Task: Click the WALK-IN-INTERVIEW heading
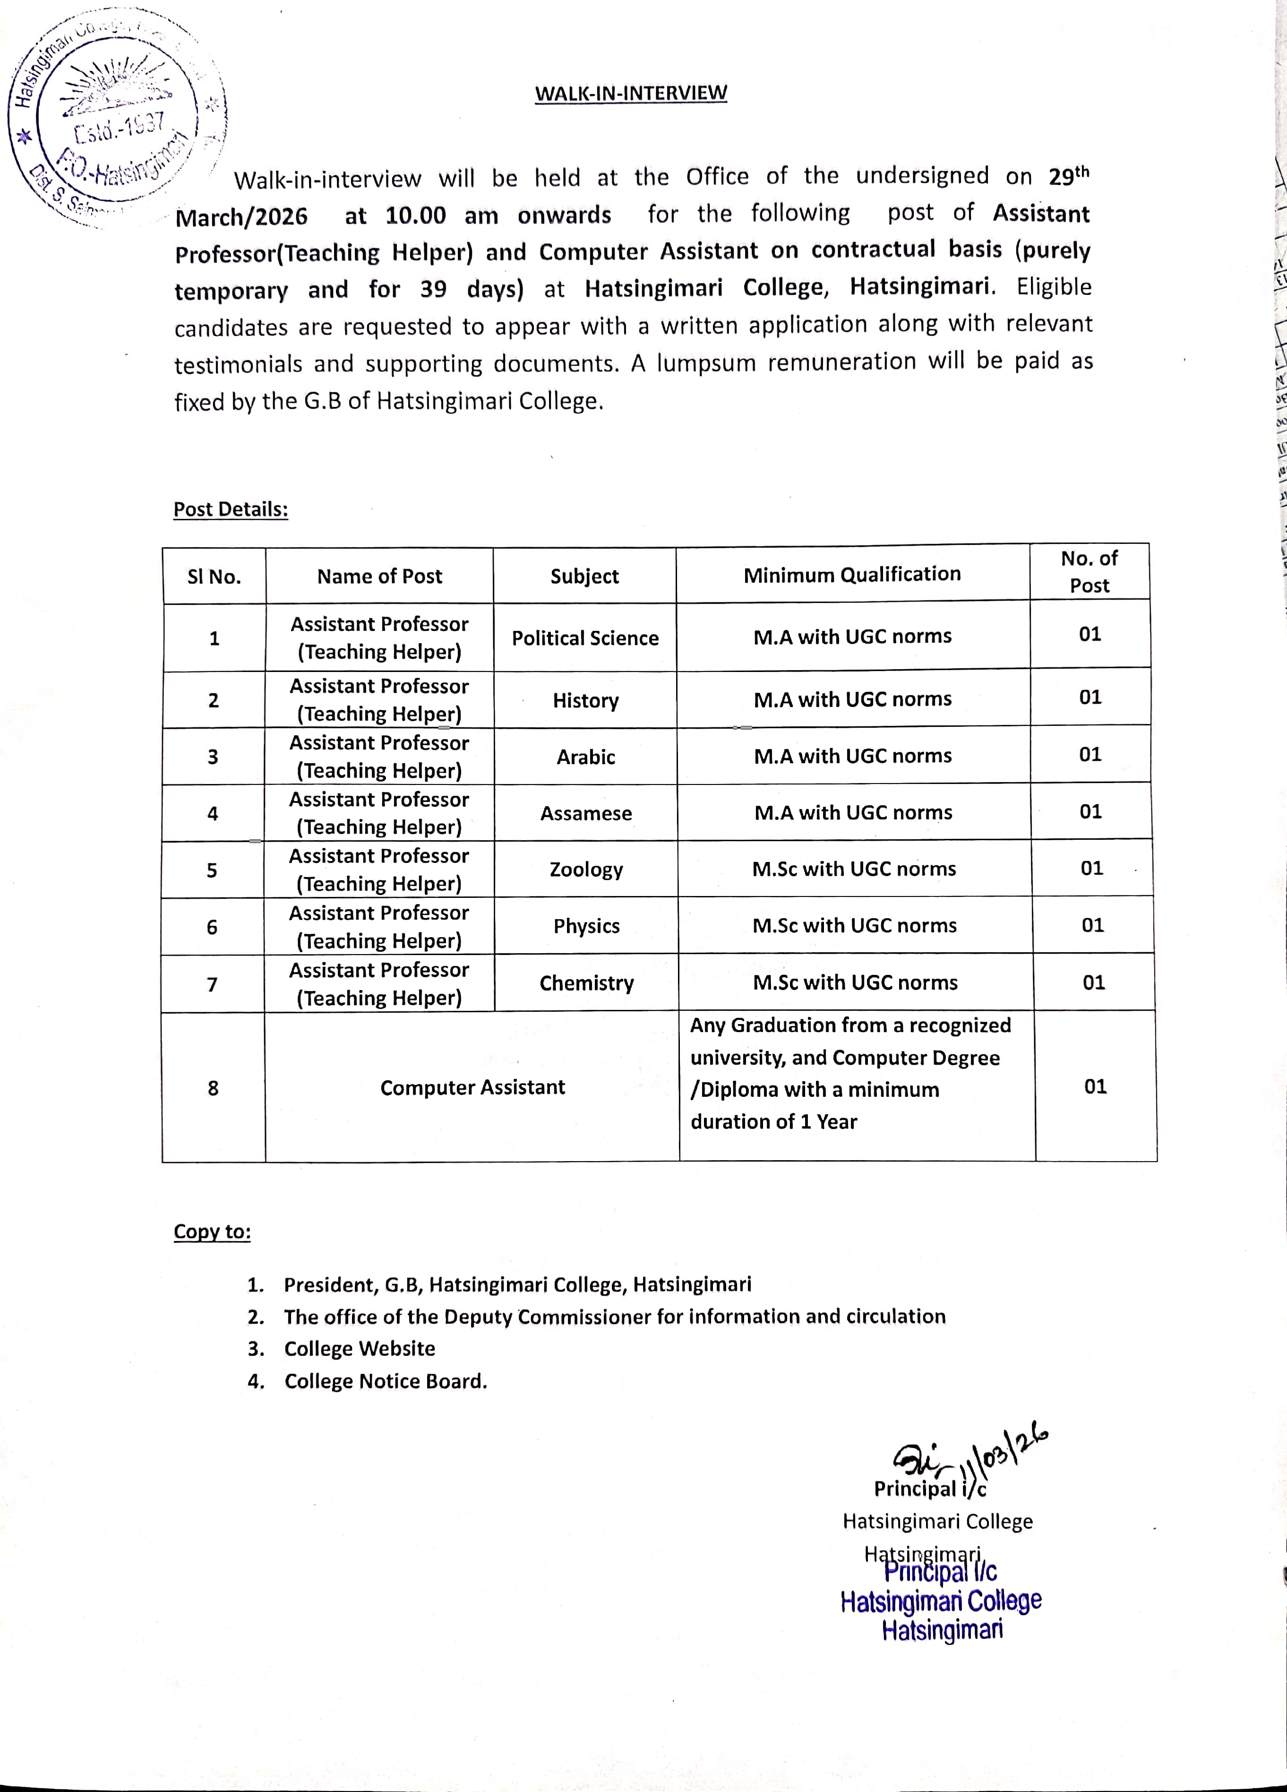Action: [x=630, y=93]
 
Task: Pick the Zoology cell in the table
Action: [x=586, y=869]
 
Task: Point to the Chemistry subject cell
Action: [x=586, y=983]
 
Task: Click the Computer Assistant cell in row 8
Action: [x=472, y=1087]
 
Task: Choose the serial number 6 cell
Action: [x=212, y=927]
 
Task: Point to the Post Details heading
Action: [x=231, y=509]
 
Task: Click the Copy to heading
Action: [x=212, y=1232]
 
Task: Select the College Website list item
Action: [x=360, y=1349]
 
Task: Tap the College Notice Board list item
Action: [x=386, y=1381]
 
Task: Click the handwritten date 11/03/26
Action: [x=1004, y=1456]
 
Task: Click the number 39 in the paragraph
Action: [x=433, y=289]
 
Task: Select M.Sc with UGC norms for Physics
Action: [x=854, y=925]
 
